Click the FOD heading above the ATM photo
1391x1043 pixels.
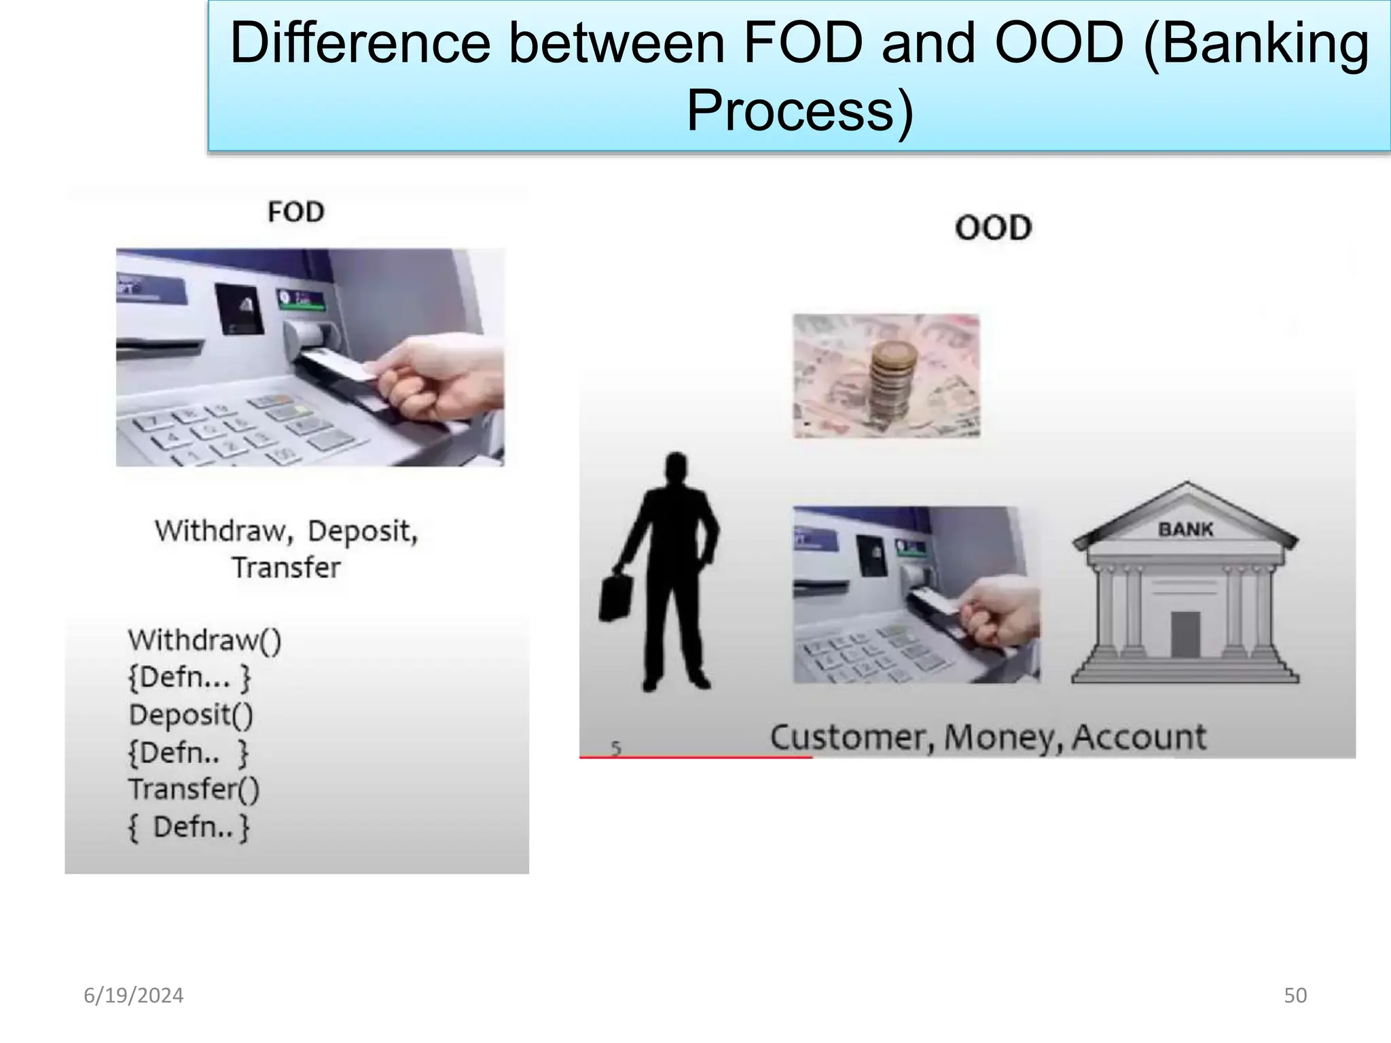click(x=296, y=213)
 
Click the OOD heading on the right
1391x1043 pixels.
click(x=993, y=228)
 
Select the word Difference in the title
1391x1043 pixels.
click(x=360, y=43)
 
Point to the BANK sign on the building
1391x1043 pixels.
click(x=1185, y=529)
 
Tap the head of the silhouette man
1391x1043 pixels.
click(x=675, y=469)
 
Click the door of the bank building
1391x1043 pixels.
click(x=1185, y=634)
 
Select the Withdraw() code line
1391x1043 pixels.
click(x=204, y=640)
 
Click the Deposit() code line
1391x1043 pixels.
click(x=191, y=715)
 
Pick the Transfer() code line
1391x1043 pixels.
click(x=194, y=789)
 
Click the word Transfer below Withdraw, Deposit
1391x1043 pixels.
click(x=286, y=568)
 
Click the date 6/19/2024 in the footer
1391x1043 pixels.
click(x=134, y=995)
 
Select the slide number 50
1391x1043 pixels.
click(x=1295, y=995)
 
